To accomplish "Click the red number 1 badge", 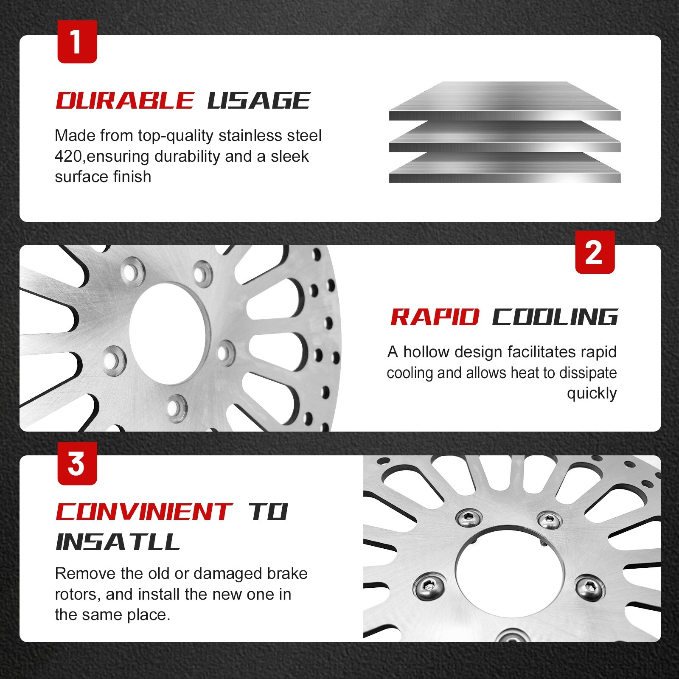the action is [77, 42].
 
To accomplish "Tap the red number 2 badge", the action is [595, 252].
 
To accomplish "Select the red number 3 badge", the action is [77, 463].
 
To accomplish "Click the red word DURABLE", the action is [125, 101].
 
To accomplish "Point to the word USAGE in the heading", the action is [259, 101].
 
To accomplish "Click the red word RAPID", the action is [435, 317].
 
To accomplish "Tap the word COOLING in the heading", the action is [555, 317].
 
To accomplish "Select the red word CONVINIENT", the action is [144, 512].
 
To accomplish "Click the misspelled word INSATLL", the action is [118, 542].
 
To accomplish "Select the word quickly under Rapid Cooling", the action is [592, 394].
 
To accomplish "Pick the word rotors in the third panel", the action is [78, 595].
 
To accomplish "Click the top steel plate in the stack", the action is [505, 101].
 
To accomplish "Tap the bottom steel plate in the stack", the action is [505, 168].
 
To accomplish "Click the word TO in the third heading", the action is [268, 512].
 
